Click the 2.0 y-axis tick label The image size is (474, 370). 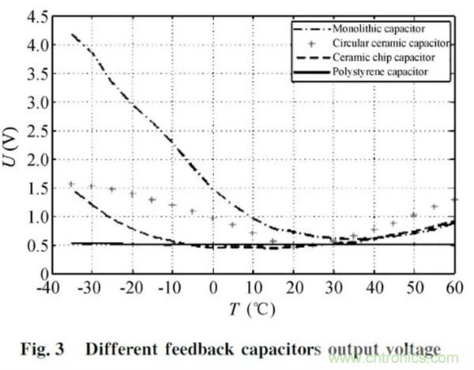(x=33, y=160)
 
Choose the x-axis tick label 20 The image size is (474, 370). (x=294, y=286)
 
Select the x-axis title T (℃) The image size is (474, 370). (x=253, y=309)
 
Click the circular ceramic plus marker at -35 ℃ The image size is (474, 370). (x=71, y=184)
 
